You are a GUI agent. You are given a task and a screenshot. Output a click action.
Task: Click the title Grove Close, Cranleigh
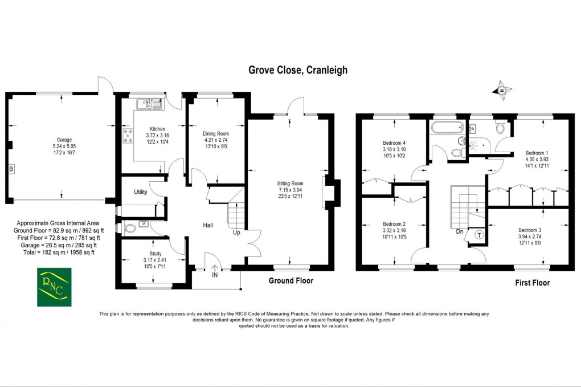point(297,70)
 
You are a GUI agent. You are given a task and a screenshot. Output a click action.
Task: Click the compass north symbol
point(501,90)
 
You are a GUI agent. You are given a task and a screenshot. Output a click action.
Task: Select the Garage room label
point(64,139)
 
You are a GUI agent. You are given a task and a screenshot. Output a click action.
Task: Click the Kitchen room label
point(157,129)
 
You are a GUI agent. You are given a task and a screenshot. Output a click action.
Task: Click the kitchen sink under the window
point(150,104)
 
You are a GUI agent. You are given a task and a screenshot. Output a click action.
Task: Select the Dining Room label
point(216,133)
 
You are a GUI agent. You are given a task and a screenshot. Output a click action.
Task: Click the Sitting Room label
point(290,184)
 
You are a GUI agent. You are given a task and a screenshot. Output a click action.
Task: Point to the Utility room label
point(141,192)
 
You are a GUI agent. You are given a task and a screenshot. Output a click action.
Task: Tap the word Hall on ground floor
point(208,226)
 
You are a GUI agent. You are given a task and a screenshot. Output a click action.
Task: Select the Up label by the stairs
point(236,233)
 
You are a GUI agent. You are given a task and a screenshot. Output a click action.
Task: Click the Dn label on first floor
point(459,232)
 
